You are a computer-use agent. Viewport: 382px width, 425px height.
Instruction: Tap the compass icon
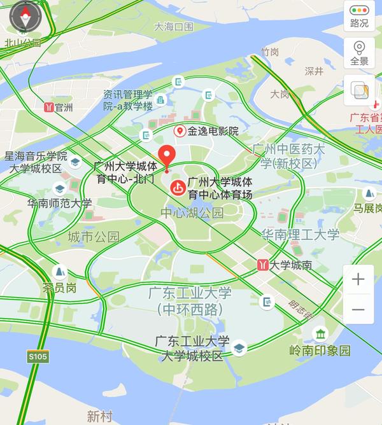coord(25,18)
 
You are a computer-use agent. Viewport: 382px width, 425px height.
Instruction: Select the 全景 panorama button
coord(359,53)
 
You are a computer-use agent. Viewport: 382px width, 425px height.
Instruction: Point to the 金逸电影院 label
coord(212,131)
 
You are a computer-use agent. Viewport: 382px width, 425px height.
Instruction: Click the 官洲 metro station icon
coord(48,108)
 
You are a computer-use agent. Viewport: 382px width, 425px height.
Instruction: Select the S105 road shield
coord(38,357)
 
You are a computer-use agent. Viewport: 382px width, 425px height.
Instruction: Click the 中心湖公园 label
coord(192,212)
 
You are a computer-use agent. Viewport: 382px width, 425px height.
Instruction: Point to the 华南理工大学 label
coord(301,235)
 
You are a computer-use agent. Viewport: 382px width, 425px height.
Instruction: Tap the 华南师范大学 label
coord(59,204)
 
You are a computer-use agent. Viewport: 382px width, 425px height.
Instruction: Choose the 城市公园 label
coord(94,237)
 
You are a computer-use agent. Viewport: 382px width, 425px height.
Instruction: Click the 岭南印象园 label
coord(320,351)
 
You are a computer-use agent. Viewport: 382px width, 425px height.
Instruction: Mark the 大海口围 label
coord(173,27)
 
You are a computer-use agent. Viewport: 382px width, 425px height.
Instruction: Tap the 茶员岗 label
coord(59,288)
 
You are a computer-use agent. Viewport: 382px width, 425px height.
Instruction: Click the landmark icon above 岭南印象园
coord(320,333)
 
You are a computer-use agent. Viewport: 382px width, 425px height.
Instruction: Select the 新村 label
coord(100,417)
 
